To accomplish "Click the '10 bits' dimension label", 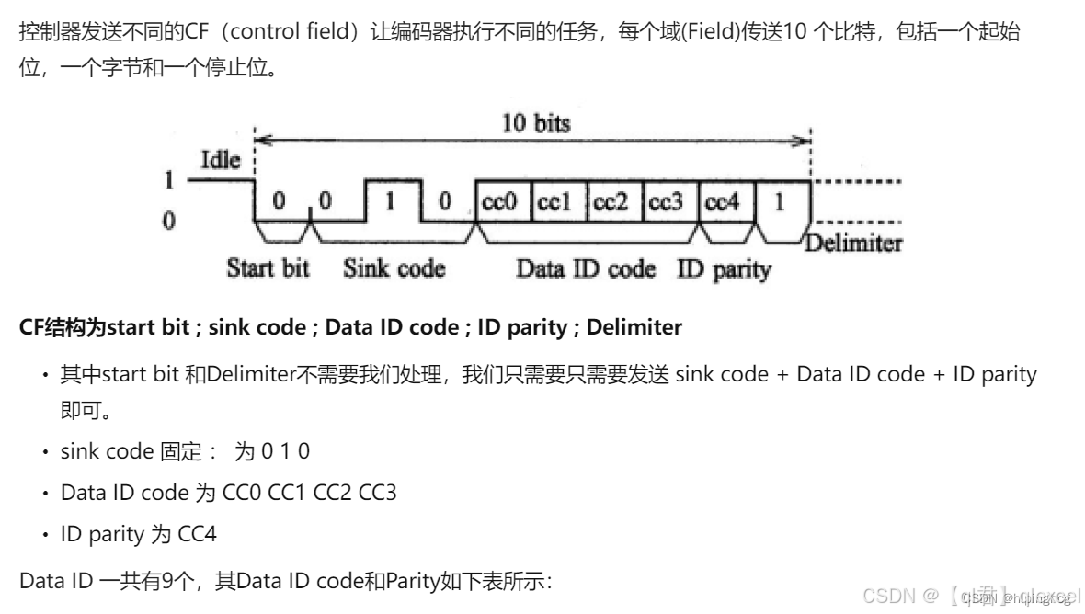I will click(535, 123).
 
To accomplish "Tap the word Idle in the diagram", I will click(220, 161).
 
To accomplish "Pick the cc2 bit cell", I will click(613, 202).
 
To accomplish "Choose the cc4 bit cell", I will click(724, 202).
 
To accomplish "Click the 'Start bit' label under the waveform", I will click(268, 268).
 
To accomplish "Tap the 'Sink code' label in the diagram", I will click(394, 268).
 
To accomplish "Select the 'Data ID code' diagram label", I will click(586, 268).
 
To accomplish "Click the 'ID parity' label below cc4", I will click(724, 269).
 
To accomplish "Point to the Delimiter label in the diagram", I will click(853, 244).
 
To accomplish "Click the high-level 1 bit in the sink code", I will click(390, 199).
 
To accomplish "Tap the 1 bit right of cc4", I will click(780, 202).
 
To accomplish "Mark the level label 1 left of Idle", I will click(168, 180).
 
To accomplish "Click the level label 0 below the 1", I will click(168, 222).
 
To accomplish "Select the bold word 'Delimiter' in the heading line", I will click(634, 327).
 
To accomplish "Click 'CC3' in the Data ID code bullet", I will click(376, 492).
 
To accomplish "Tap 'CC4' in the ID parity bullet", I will click(197, 533).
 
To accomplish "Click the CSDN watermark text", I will click(888, 595).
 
